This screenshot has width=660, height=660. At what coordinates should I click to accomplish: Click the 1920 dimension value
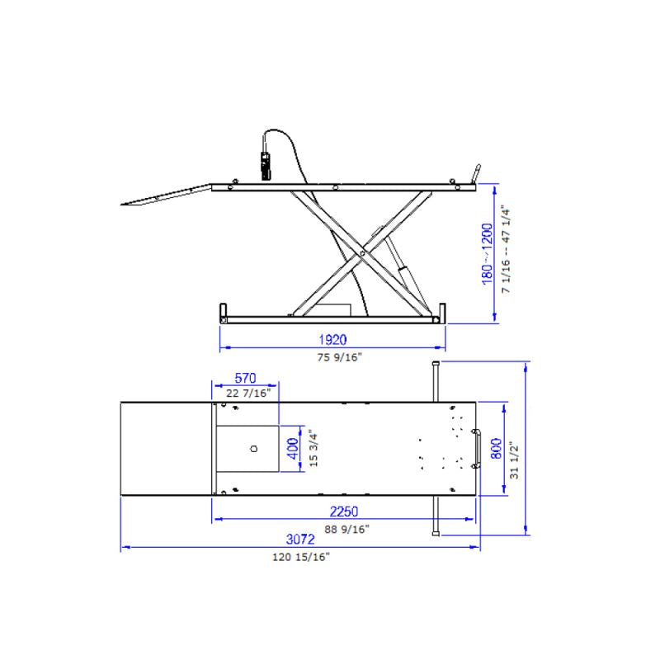point(332,338)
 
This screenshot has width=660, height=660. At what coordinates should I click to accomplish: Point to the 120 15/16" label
point(301,558)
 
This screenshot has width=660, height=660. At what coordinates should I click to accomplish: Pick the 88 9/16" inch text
point(345,529)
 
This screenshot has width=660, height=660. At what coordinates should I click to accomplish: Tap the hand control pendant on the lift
point(265,164)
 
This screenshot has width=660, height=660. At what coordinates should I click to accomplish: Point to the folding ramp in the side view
point(165,196)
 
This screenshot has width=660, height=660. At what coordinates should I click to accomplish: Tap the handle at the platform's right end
point(477,449)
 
